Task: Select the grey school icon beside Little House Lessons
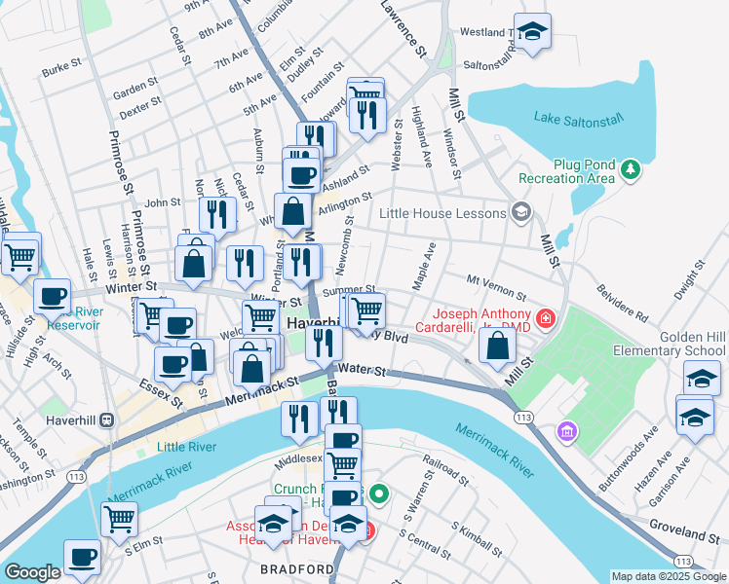click(521, 212)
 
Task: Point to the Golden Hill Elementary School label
click(669, 342)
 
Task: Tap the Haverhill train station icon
click(106, 420)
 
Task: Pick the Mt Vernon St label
click(496, 286)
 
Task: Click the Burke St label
click(59, 68)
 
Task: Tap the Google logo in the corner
click(32, 572)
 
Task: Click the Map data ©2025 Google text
click(669, 576)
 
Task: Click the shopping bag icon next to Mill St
click(497, 345)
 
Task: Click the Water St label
click(365, 371)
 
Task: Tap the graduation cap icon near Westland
click(532, 32)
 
